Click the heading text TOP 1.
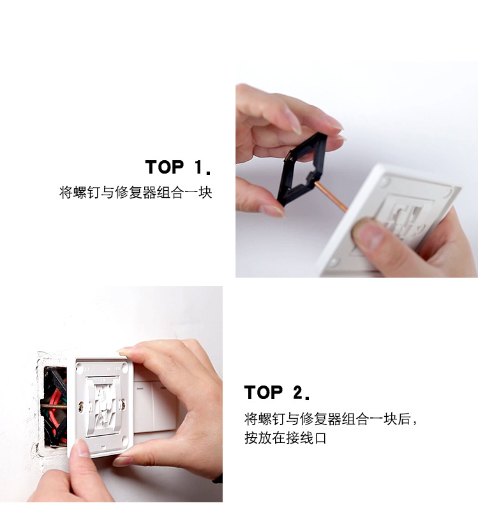point(178,168)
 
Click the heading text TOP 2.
point(277,393)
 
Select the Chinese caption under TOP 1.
point(135,193)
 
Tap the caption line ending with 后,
point(331,419)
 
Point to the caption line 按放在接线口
point(285,438)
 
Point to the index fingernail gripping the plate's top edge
point(126,351)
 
